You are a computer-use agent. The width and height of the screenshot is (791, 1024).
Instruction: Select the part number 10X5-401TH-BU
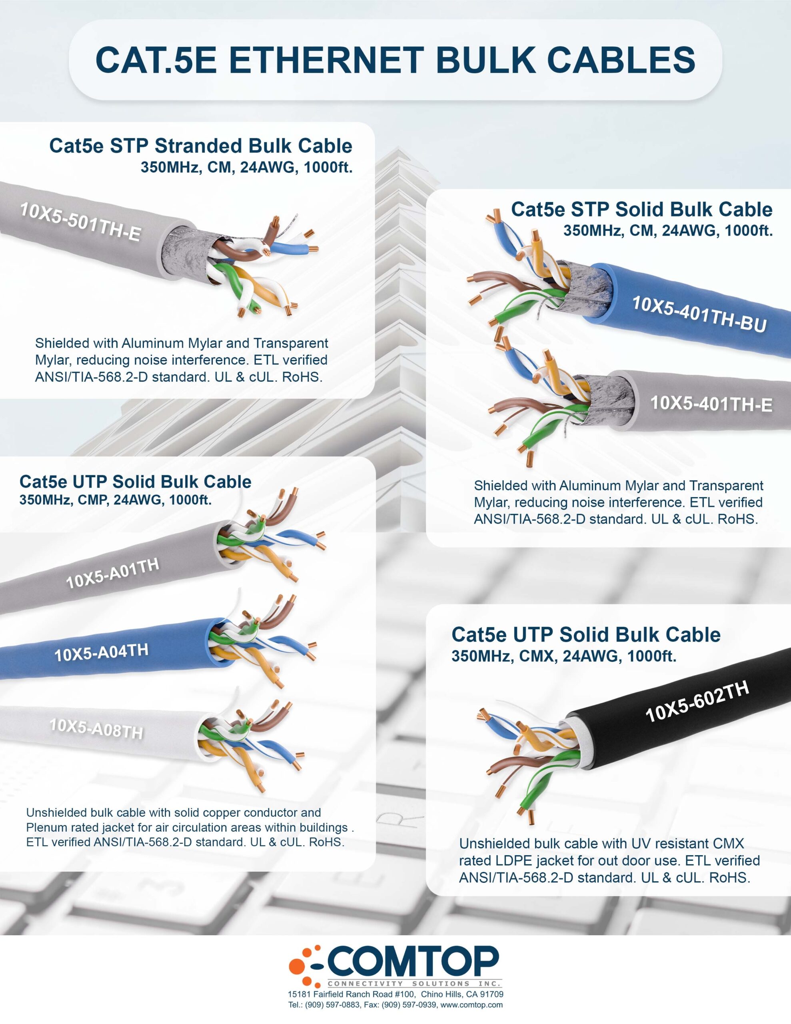pos(699,314)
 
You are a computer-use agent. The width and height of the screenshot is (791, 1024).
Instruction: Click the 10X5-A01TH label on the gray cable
pos(112,573)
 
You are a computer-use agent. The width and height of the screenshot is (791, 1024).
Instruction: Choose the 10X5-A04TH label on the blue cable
pos(101,652)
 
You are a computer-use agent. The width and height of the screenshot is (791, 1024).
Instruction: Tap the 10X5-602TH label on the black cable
pos(697,702)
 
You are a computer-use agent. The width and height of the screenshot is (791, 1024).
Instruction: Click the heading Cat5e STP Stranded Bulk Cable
pos(201,146)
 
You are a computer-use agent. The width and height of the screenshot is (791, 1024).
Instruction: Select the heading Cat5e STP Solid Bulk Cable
pos(641,209)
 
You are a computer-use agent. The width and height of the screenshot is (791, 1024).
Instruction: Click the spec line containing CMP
pos(115,500)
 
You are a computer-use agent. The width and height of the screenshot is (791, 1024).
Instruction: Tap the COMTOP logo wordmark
pos(413,961)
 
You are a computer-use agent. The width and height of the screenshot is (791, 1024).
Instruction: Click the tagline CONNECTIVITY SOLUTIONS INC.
pos(414,983)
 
